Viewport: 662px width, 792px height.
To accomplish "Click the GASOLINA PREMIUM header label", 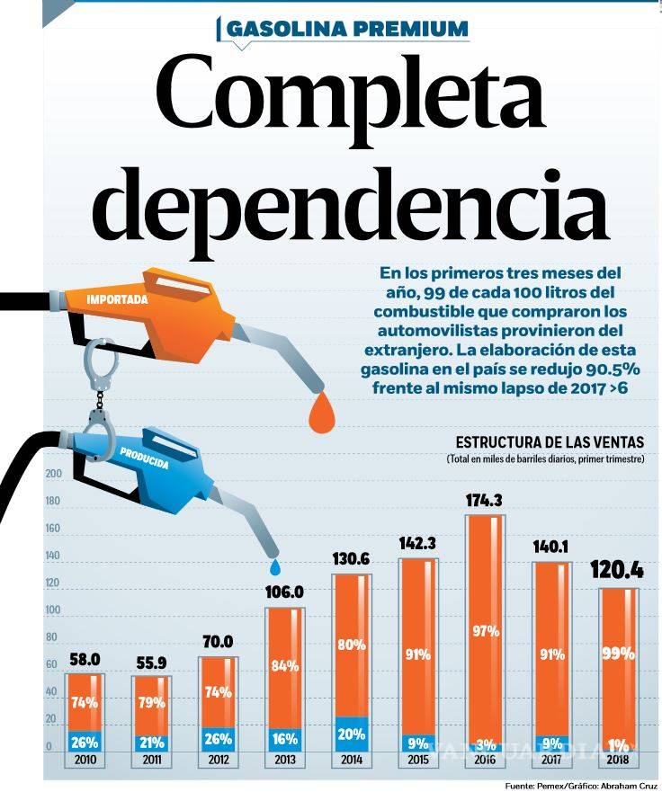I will click(x=347, y=29).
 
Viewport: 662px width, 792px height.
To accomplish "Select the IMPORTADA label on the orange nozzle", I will click(x=117, y=299).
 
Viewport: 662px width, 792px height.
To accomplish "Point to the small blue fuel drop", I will click(x=276, y=566).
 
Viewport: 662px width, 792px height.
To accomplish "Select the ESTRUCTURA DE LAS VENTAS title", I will click(x=550, y=442).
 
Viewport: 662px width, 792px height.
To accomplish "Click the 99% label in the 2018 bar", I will click(x=619, y=654).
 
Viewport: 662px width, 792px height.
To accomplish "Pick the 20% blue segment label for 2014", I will click(x=351, y=733).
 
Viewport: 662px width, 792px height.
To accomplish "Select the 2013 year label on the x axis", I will click(x=283, y=761).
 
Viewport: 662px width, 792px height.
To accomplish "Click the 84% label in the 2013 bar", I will click(x=283, y=666).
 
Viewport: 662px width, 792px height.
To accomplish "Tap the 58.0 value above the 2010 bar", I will click(x=85, y=660).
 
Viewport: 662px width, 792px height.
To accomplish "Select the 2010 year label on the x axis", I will click(x=85, y=761).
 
